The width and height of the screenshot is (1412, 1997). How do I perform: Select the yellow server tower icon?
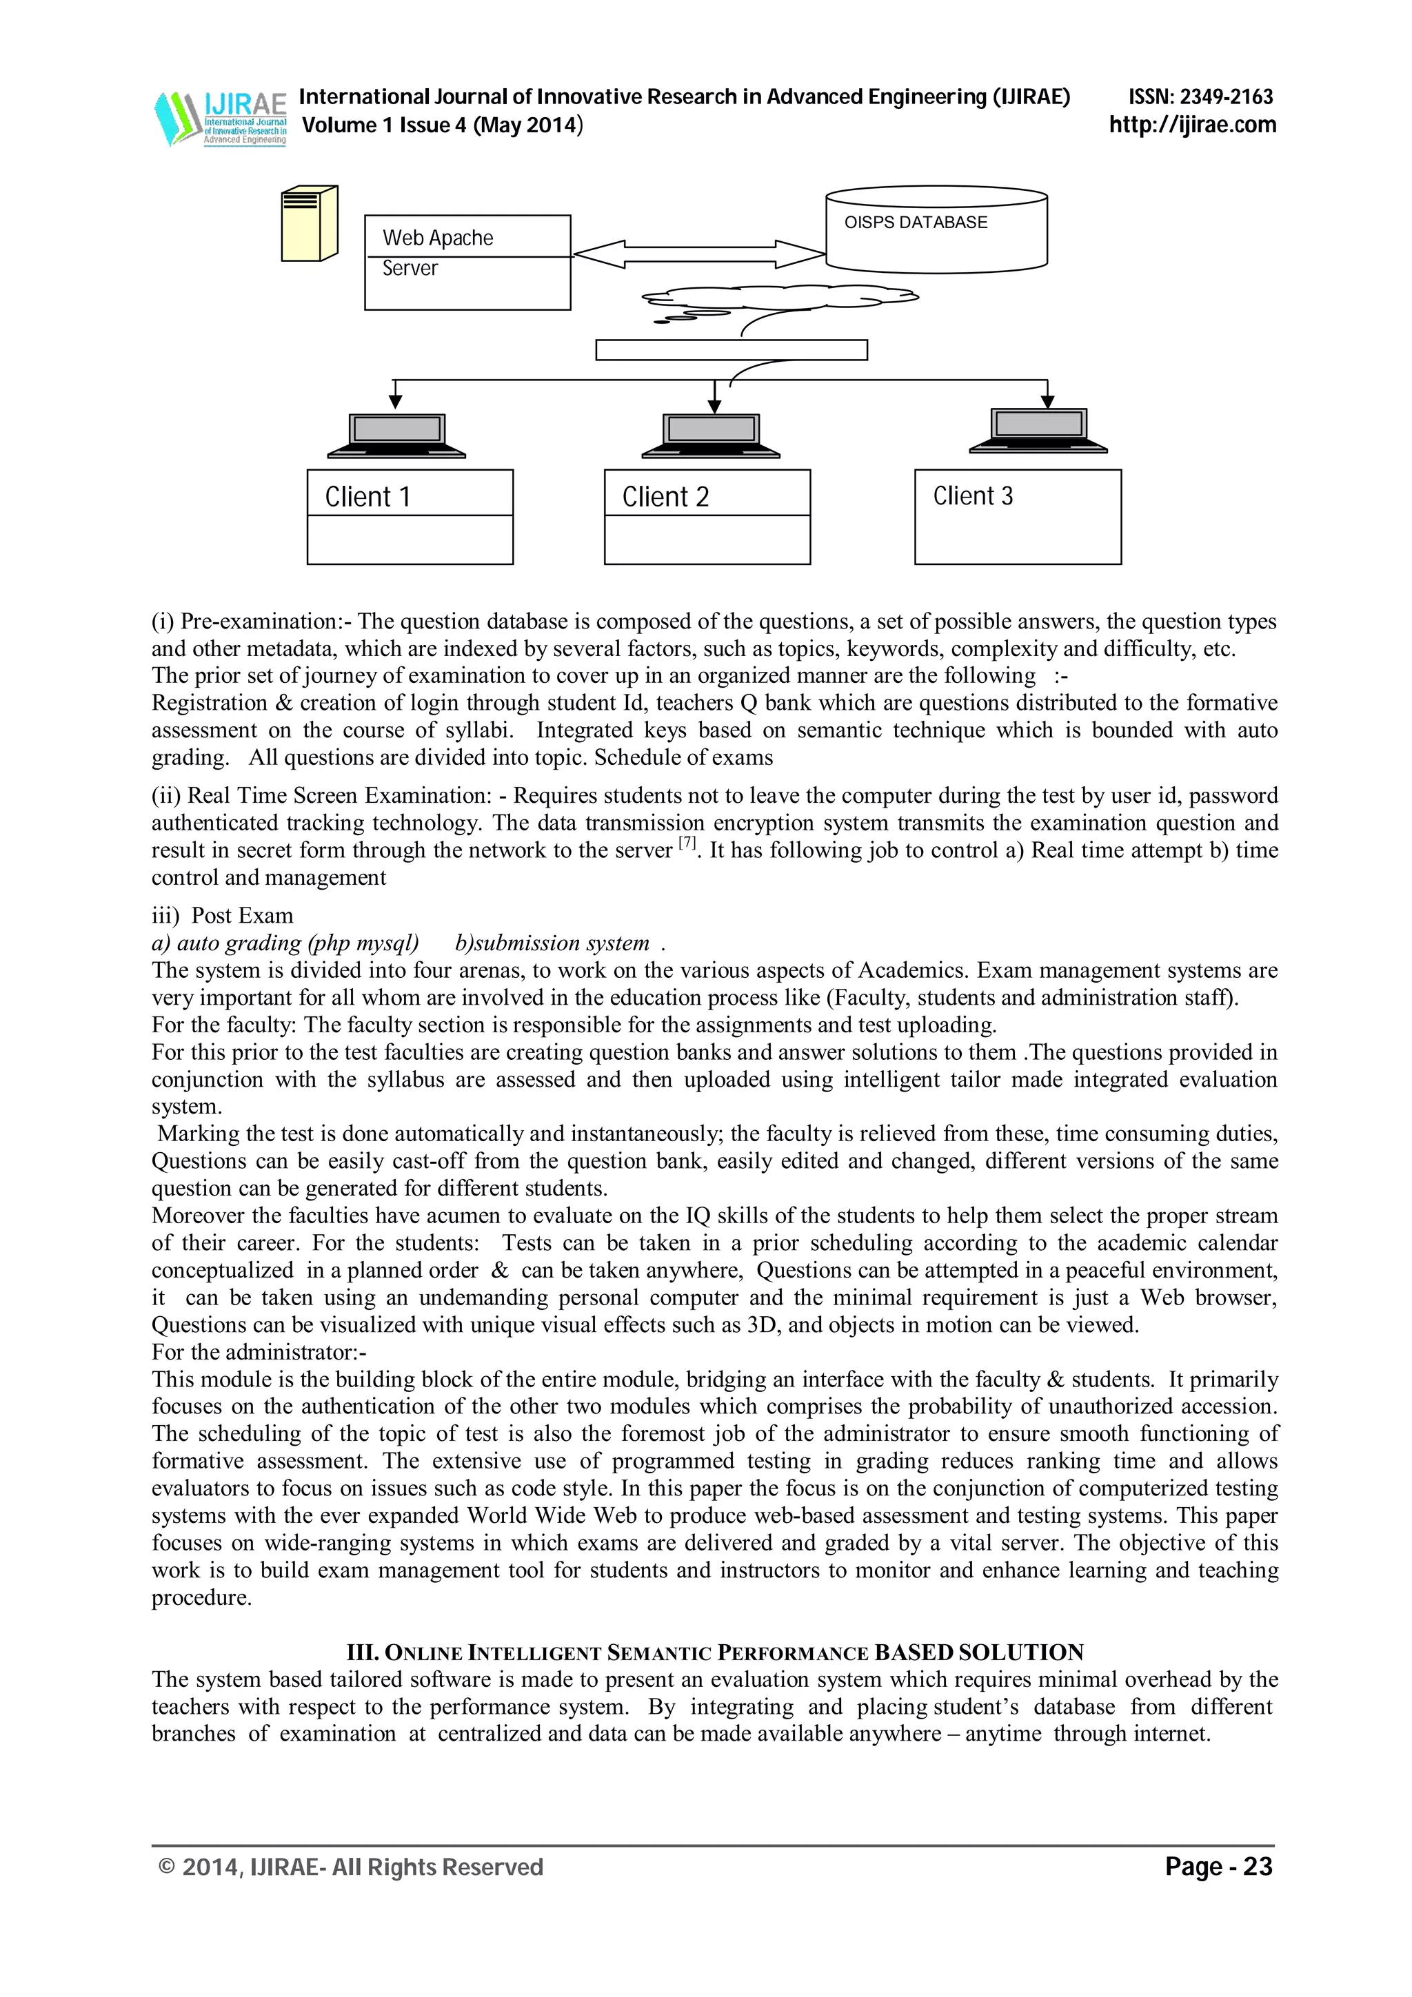pyautogui.click(x=309, y=223)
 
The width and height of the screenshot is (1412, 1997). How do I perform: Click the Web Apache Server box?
pyautogui.click(x=467, y=263)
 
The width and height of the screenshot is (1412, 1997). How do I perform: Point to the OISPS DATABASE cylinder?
pyautogui.click(x=936, y=230)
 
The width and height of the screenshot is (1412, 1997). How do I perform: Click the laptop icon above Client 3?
pyautogui.click(x=1038, y=431)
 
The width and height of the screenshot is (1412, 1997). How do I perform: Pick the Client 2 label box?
pyautogui.click(x=707, y=517)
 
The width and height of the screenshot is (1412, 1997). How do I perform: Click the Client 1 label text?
pyautogui.click(x=367, y=497)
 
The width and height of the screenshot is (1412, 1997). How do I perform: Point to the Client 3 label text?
pyautogui.click(x=973, y=495)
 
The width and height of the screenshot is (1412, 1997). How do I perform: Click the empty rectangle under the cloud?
pyautogui.click(x=731, y=349)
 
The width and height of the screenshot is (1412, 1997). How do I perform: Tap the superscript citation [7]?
pyautogui.click(x=687, y=843)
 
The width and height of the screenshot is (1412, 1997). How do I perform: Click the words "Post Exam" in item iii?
pyautogui.click(x=242, y=916)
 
